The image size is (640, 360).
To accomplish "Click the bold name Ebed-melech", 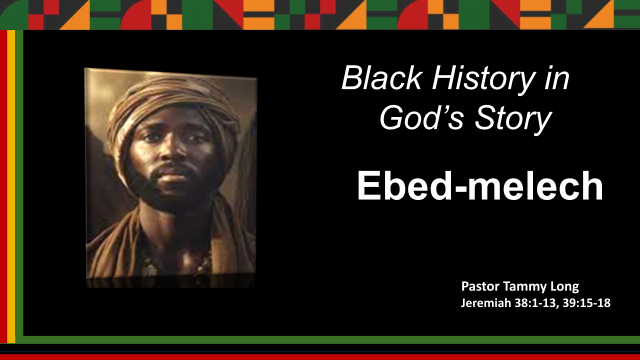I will pyautogui.click(x=479, y=186).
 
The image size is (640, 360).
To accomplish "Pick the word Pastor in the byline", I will pyautogui.click(x=479, y=287).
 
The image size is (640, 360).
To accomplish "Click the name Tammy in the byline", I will pyautogui.click(x=523, y=287).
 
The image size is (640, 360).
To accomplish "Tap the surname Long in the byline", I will pyautogui.click(x=564, y=287).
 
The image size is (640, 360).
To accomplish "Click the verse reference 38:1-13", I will pyautogui.click(x=538, y=303).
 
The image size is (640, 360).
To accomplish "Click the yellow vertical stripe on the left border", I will pyautogui.click(x=11, y=185).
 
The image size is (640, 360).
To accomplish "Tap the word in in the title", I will pyautogui.click(x=556, y=78).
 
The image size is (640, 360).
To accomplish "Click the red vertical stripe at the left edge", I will pyautogui.click(x=3, y=185).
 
